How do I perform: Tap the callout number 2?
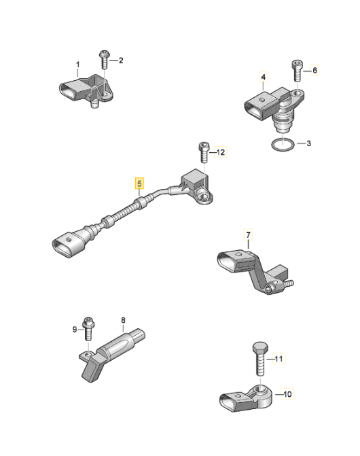tap(121, 61)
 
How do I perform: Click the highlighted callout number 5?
tap(139, 183)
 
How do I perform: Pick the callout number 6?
tap(314, 70)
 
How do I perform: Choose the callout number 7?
tap(249, 236)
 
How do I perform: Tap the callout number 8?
tap(123, 319)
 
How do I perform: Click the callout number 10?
tap(287, 393)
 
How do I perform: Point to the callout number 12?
tap(221, 153)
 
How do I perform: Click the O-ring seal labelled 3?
tap(282, 145)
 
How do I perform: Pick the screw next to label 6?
tap(297, 71)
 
